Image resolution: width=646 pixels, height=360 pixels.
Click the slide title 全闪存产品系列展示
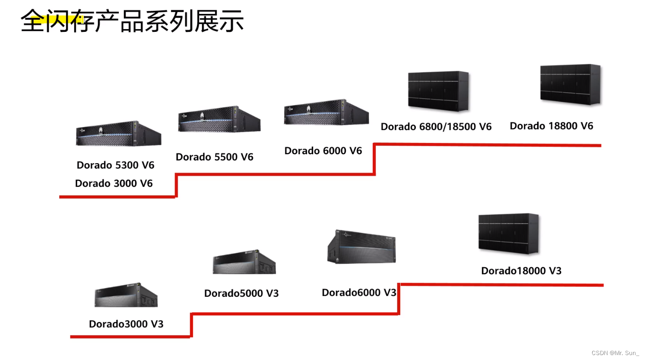(132, 21)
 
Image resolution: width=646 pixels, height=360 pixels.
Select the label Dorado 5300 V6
(115, 165)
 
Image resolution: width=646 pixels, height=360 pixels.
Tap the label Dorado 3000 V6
(114, 183)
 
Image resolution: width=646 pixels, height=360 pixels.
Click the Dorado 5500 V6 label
(214, 157)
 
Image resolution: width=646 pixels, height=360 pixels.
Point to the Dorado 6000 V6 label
(323, 151)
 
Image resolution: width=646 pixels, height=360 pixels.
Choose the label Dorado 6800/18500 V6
(436, 127)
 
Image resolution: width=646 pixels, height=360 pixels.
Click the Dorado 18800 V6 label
(551, 126)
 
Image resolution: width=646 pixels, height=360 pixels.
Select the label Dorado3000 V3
(126, 324)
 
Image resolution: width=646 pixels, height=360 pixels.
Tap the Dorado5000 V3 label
(241, 293)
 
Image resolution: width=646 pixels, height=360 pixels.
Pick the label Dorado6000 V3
(359, 293)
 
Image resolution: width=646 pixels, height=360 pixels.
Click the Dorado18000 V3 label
(521, 271)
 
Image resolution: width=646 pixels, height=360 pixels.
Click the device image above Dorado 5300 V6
(118, 134)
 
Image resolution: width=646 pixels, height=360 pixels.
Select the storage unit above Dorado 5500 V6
(219, 119)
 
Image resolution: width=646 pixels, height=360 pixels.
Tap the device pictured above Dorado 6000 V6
(326, 113)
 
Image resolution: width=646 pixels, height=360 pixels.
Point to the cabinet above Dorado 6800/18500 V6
(438, 91)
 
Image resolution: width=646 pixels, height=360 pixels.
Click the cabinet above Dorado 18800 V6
(570, 84)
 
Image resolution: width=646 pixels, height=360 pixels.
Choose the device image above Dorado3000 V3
(126, 295)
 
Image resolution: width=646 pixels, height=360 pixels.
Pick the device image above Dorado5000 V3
(244, 262)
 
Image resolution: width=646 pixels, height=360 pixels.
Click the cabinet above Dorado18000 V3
(508, 234)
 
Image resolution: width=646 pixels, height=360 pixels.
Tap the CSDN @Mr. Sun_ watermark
(615, 353)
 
